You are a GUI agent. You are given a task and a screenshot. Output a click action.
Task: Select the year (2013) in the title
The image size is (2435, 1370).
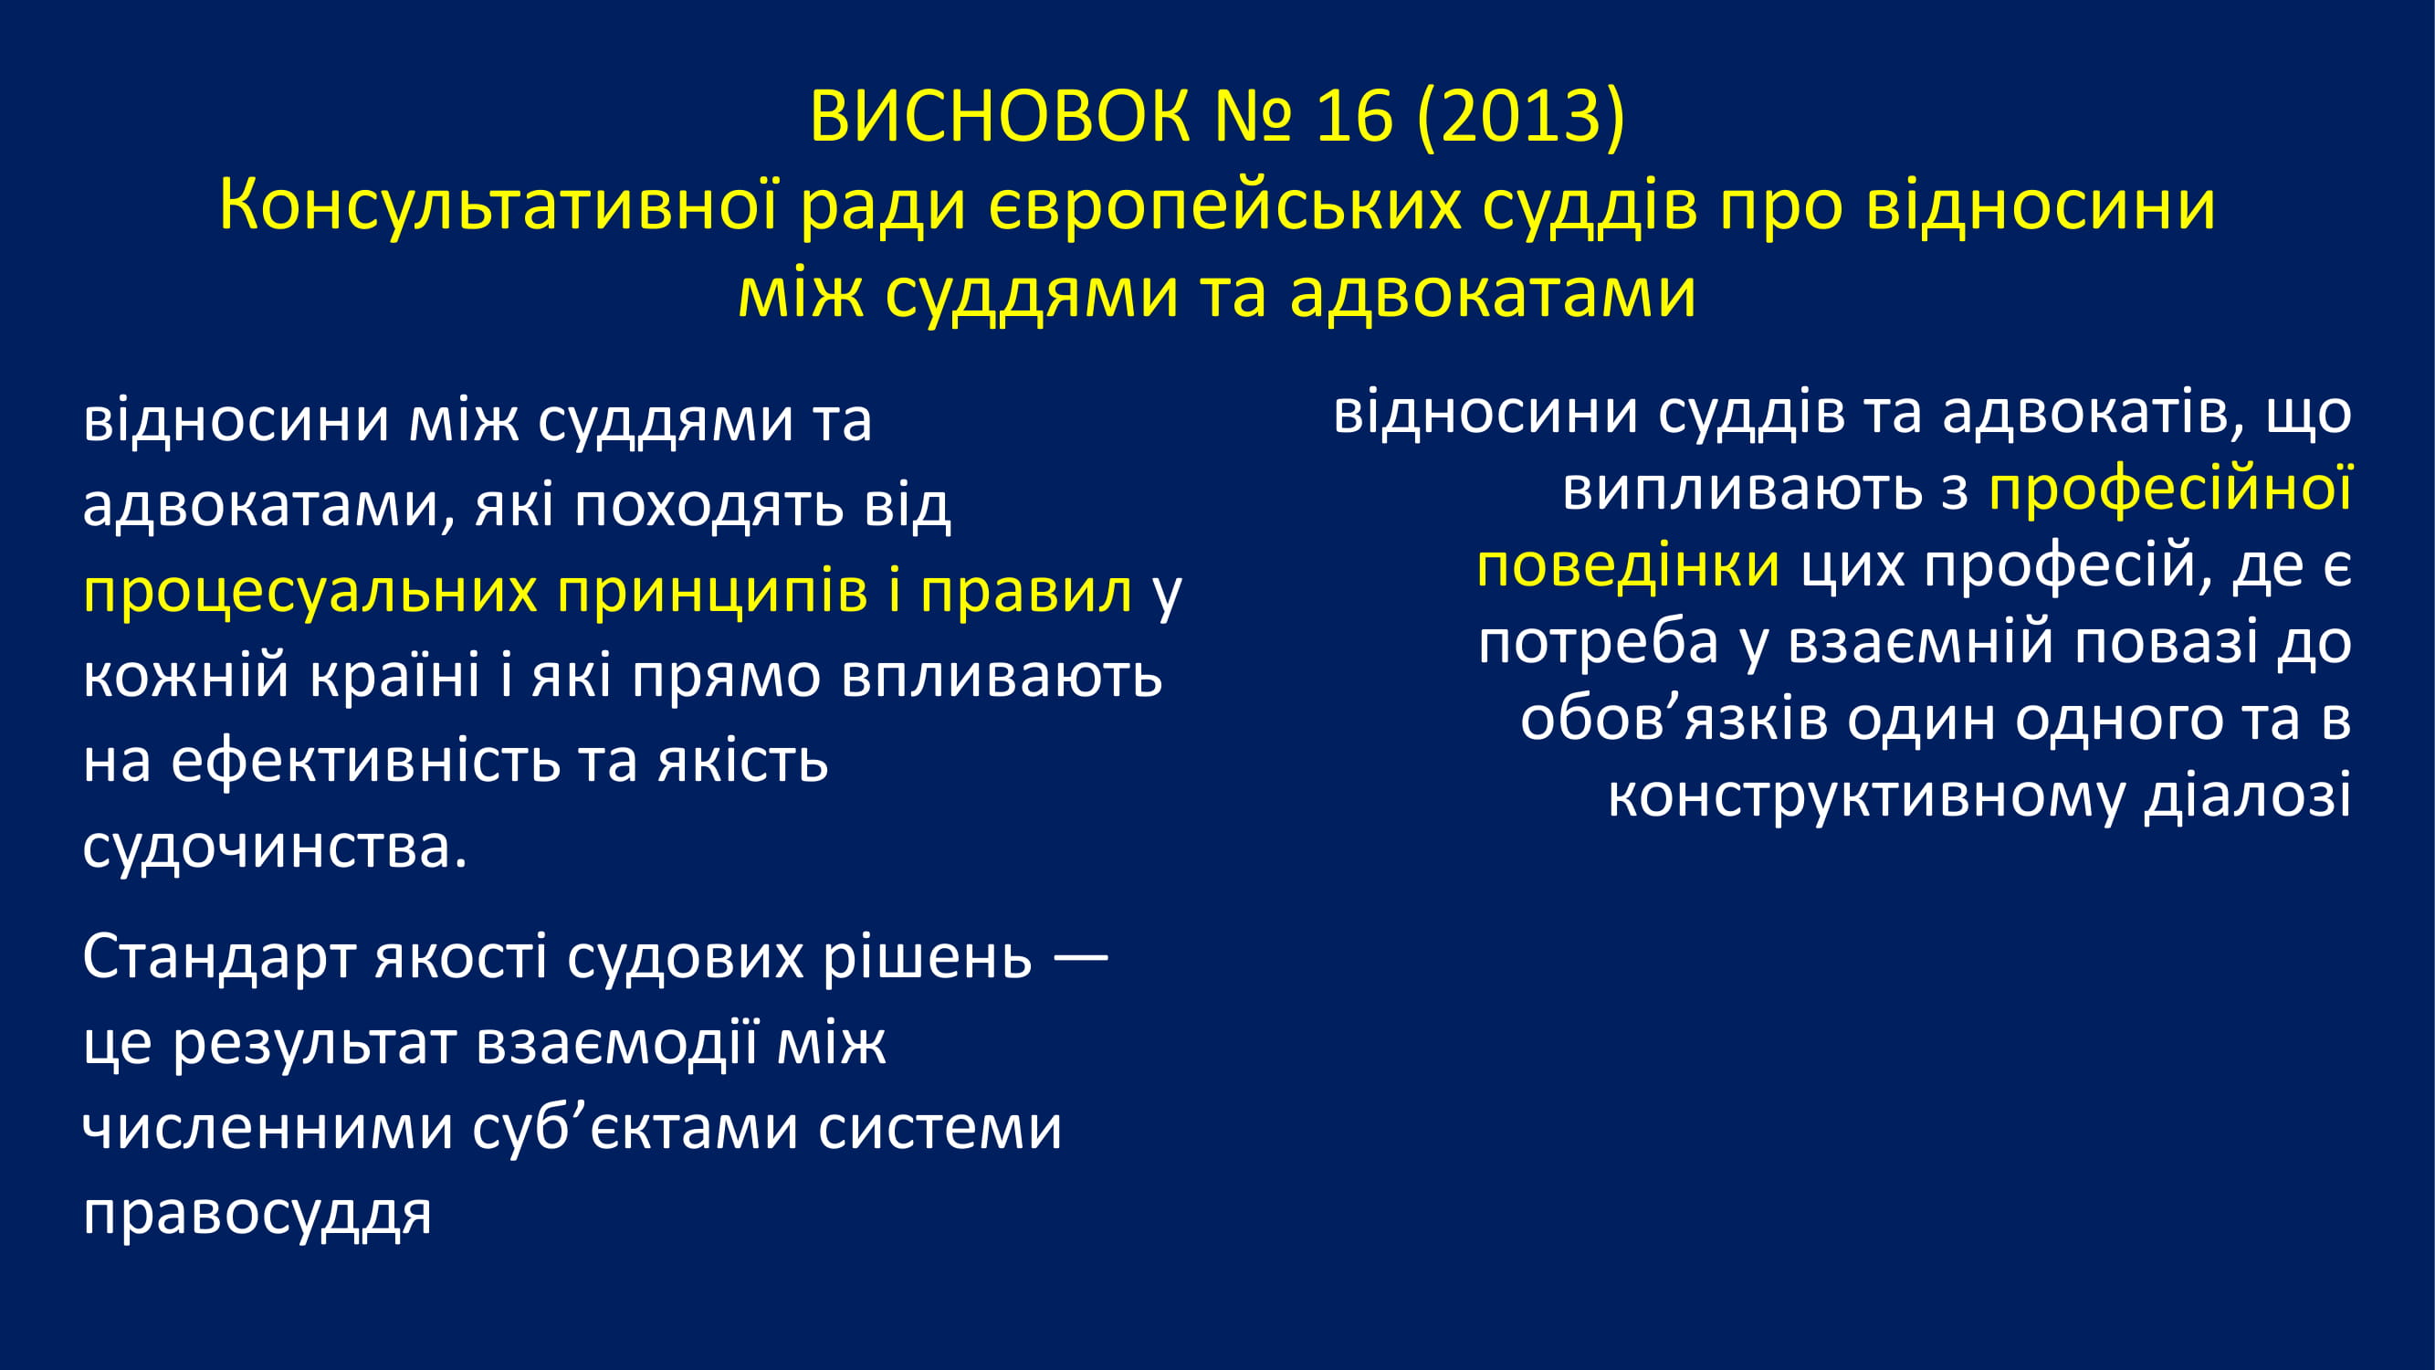pyautogui.click(x=1521, y=117)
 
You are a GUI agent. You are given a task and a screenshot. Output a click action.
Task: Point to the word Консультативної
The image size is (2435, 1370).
pyautogui.click(x=499, y=205)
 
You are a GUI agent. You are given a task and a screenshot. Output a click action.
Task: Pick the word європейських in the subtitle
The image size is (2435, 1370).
pyautogui.click(x=1224, y=206)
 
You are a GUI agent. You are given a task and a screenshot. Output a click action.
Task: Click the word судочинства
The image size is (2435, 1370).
pyautogui.click(x=275, y=848)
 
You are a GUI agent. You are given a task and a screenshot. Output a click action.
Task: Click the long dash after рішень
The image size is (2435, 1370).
pyautogui.click(x=1079, y=958)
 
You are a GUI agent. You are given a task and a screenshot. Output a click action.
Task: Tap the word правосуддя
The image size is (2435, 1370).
pyautogui.click(x=257, y=1213)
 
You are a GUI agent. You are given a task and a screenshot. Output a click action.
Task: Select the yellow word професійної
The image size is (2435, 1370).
pyautogui.click(x=2170, y=489)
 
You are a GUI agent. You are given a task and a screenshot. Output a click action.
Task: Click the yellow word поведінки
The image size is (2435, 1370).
pyautogui.click(x=1629, y=566)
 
